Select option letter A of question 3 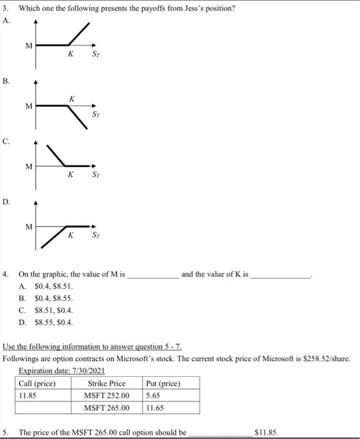6,19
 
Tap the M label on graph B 28,106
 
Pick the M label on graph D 28,226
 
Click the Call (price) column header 37,383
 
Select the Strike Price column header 107,383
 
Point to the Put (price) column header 163,383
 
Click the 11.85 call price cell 28,395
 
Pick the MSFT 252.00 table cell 107,395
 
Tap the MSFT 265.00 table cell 107,408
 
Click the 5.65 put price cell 153,395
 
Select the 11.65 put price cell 155,408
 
